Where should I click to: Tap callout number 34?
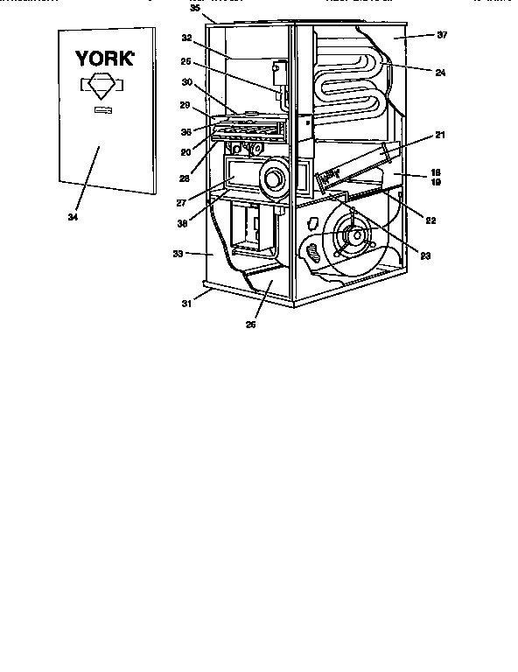(x=73, y=216)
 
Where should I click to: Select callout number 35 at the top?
(x=194, y=7)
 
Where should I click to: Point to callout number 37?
(x=442, y=35)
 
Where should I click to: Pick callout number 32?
(x=187, y=38)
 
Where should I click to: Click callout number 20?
(x=185, y=150)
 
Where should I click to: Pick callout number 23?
(x=424, y=256)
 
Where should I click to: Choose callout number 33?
(x=178, y=254)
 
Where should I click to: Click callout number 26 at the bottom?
(x=252, y=324)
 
